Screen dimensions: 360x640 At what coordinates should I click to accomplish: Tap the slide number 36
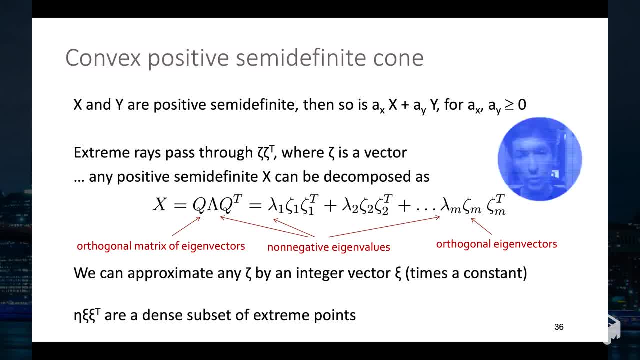[x=559, y=327]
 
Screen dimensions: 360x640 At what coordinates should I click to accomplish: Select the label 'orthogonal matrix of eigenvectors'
[x=161, y=246]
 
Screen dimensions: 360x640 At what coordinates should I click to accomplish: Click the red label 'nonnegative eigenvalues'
[x=328, y=247]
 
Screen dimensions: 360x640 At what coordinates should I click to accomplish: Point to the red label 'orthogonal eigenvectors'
[x=496, y=244]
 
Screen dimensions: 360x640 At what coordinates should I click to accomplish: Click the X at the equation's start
[x=159, y=204]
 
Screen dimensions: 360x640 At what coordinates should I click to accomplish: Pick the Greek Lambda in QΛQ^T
[x=213, y=204]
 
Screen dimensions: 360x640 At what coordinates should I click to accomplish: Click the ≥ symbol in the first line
[x=509, y=105]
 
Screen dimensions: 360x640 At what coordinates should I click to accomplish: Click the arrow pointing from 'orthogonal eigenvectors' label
[x=481, y=226]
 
